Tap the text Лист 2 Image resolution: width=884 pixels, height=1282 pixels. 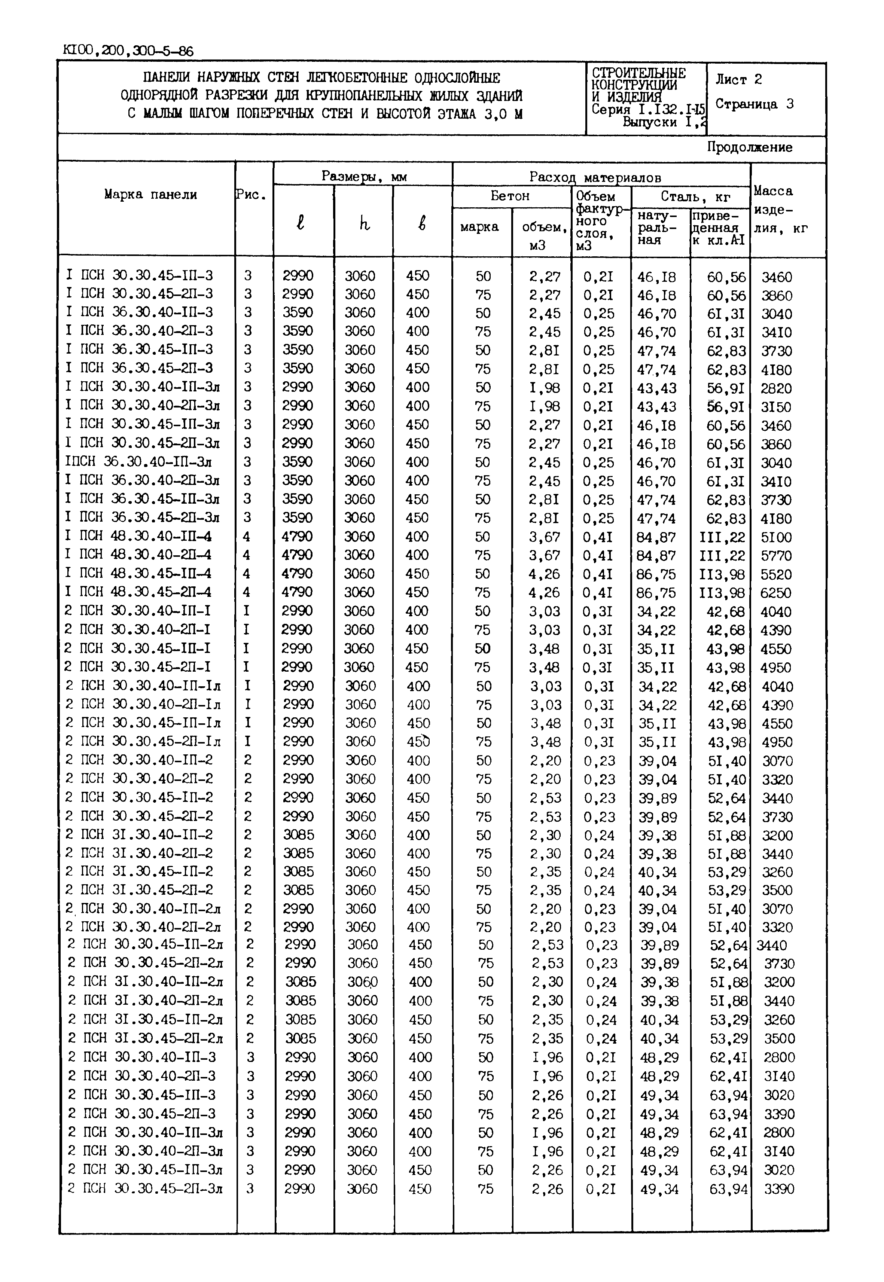tap(738, 80)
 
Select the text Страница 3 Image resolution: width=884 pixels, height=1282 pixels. tap(754, 104)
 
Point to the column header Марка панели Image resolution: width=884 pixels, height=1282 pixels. tap(150, 194)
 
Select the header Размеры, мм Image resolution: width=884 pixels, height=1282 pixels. tap(364, 177)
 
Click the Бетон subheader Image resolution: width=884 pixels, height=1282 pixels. tap(510, 196)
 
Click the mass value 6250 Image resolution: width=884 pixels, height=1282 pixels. tap(775, 593)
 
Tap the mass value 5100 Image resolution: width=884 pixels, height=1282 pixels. tap(775, 537)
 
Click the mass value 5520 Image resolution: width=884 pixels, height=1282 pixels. tap(775, 574)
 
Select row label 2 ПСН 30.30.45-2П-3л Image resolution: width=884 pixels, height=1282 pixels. tap(145, 1189)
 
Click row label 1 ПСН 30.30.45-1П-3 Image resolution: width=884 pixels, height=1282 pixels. tap(139, 275)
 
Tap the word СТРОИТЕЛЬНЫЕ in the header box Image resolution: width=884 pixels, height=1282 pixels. tap(638, 73)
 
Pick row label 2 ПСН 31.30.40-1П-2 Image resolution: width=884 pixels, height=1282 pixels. tap(139, 834)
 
